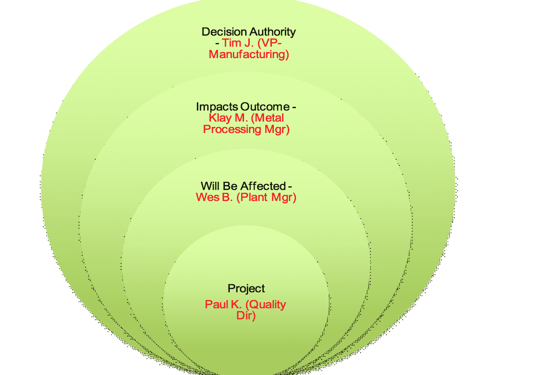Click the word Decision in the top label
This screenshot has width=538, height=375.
click(224, 32)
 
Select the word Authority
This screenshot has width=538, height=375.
click(273, 32)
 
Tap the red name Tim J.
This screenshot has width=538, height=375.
click(236, 43)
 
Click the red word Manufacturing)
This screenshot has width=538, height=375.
click(249, 54)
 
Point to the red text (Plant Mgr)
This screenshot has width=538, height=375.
click(267, 197)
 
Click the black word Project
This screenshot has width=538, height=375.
click(246, 288)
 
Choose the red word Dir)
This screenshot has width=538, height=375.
click(246, 316)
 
